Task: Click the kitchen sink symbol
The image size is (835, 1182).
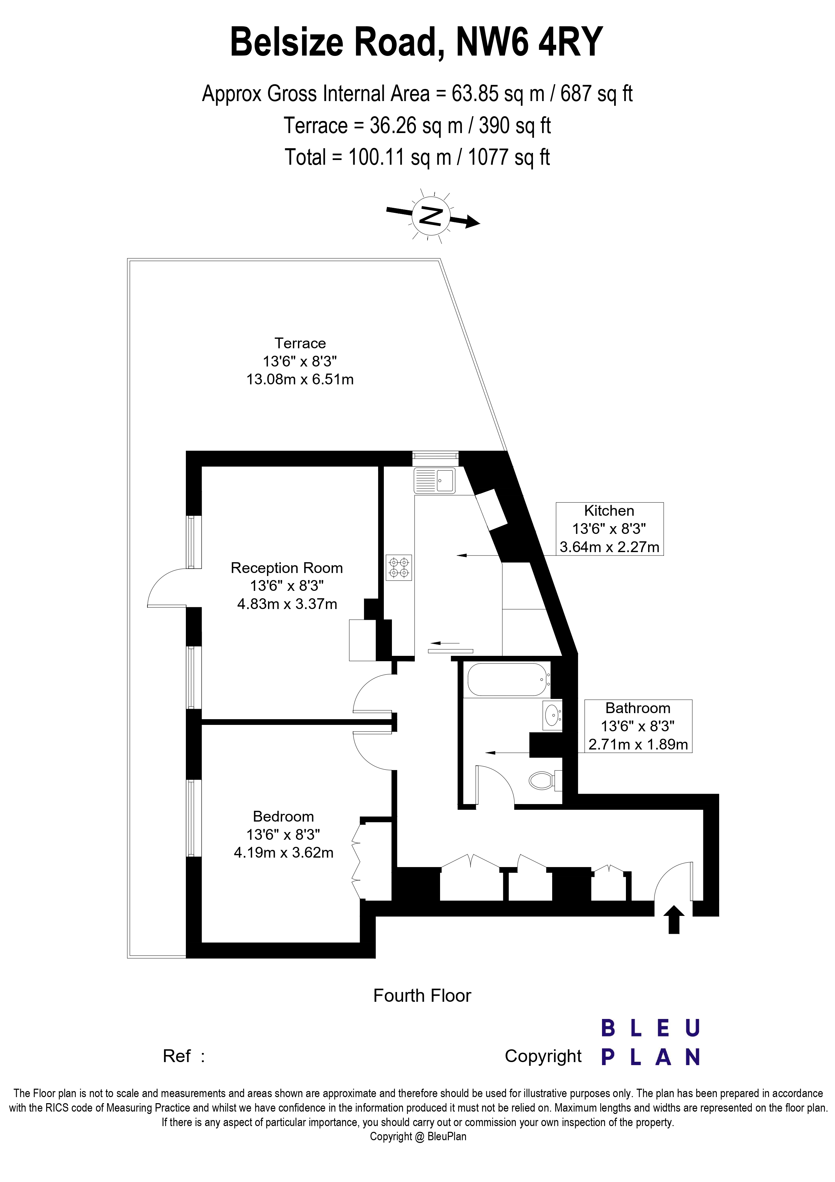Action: click(435, 480)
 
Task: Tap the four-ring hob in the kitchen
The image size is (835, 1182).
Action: click(399, 567)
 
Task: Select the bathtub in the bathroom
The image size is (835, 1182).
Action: click(507, 679)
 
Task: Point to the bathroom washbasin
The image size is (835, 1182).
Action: click(553, 714)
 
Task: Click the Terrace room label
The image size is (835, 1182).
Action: click(300, 343)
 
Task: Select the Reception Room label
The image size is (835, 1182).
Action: click(287, 568)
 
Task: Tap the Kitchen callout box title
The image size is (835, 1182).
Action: click(609, 511)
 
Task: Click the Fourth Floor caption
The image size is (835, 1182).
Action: click(422, 996)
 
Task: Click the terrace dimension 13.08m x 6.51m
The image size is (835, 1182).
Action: click(300, 379)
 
